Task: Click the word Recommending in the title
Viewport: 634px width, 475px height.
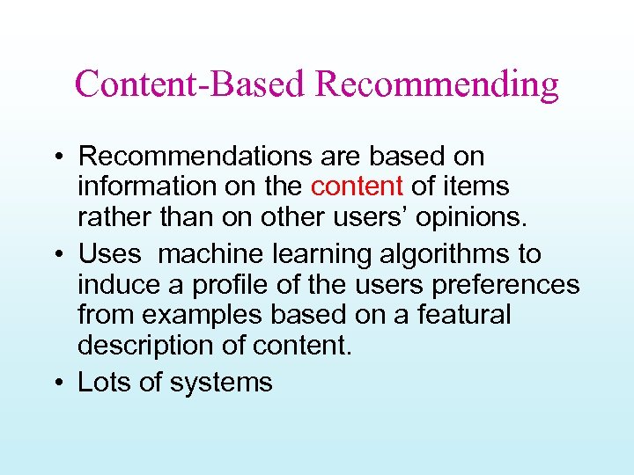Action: click(437, 85)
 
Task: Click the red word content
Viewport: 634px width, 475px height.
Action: click(357, 186)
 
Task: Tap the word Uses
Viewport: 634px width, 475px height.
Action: click(109, 254)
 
